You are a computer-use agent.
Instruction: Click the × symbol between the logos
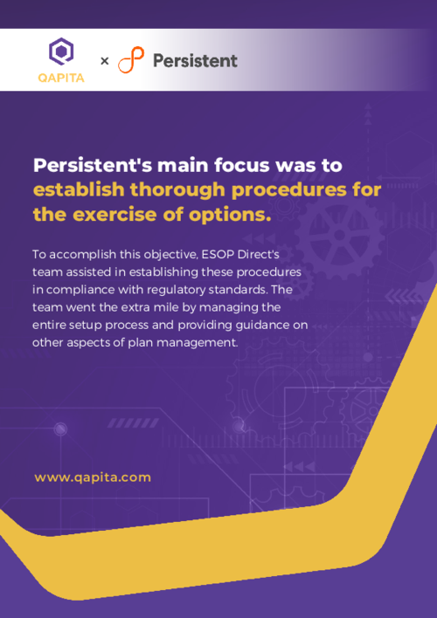(105, 61)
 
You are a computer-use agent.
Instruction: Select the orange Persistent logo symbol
(132, 60)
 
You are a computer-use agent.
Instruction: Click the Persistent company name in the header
(195, 60)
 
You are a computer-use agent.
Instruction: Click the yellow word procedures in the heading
(297, 189)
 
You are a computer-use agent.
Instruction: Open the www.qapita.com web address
(93, 477)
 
